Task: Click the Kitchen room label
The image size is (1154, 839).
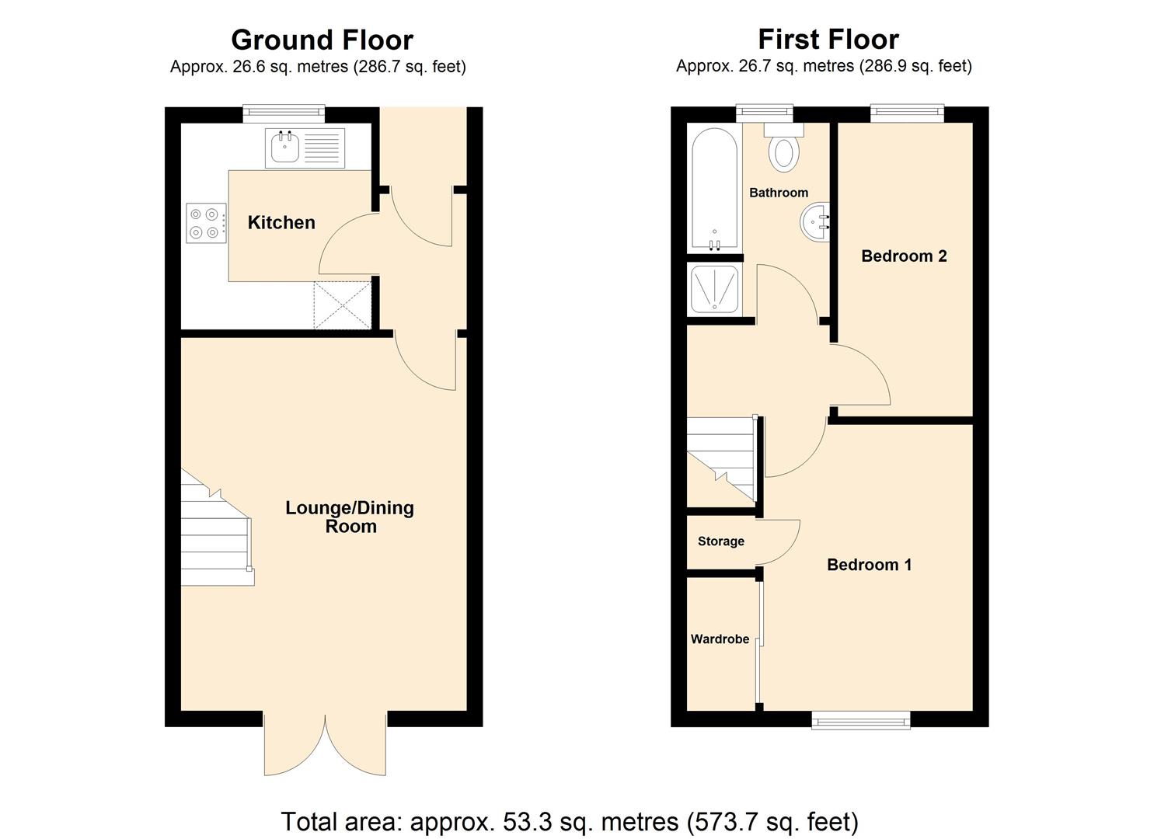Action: coord(281,223)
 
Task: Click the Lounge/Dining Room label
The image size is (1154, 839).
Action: coord(350,517)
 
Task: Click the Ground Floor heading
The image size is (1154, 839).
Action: coord(322,40)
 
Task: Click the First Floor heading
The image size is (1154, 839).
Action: coord(828,39)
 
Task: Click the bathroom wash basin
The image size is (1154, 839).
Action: coord(814,221)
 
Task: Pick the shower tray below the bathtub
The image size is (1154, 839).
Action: coord(714,290)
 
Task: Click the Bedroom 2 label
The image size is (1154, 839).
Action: coord(904,256)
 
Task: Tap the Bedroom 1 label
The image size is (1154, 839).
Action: coord(869,565)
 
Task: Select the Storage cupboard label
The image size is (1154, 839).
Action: coord(720,541)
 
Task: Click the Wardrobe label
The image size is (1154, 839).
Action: coord(720,639)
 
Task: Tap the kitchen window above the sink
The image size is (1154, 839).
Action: coord(283,113)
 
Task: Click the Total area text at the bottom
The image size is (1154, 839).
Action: coord(569,821)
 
